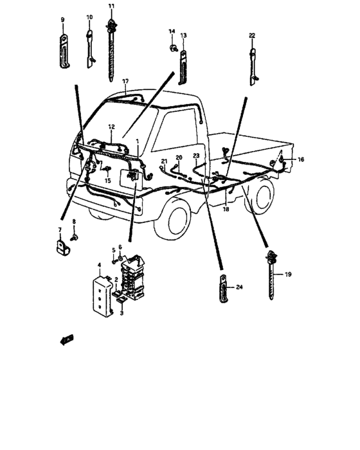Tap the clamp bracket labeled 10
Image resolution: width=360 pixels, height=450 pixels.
pos(89,48)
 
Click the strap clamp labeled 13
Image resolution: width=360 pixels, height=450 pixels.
pos(183,64)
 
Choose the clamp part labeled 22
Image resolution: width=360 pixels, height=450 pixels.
pos(253,64)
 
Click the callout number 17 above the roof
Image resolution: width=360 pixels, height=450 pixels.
pos(126,82)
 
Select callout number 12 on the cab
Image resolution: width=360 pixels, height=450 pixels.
pos(111,127)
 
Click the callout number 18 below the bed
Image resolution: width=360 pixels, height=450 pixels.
pos(226,209)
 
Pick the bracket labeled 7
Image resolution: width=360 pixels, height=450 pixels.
pos(60,246)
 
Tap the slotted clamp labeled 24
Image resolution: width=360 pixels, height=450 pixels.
pos(221,286)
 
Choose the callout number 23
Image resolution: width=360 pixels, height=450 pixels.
pos(196,156)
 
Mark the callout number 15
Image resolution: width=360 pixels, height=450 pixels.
pos(107,181)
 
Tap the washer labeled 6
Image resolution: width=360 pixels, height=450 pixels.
pos(120,256)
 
